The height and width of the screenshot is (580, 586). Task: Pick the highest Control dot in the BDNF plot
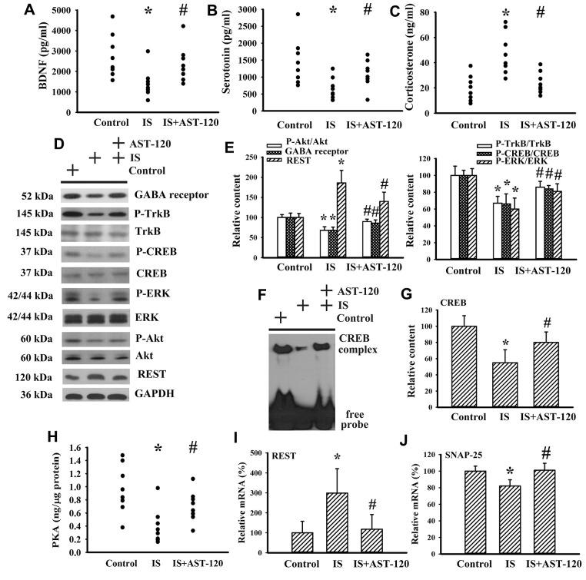coord(112,16)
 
